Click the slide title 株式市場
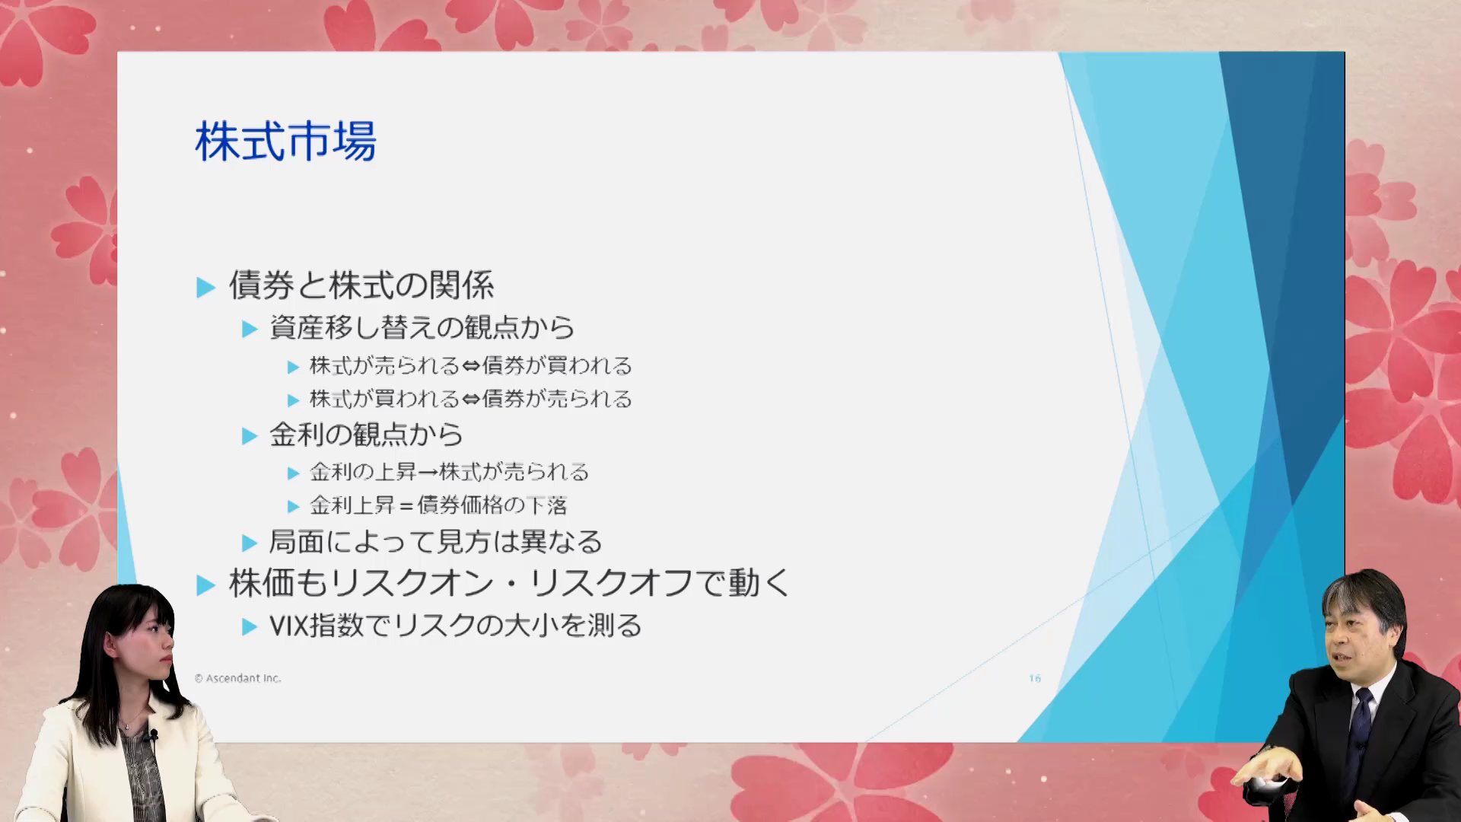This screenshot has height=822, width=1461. coord(285,142)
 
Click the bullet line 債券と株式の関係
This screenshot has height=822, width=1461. coord(361,285)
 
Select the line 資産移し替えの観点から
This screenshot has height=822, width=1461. coord(422,327)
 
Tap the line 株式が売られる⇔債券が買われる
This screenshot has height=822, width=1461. coord(471,366)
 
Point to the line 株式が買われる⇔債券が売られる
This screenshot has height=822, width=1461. coord(471,399)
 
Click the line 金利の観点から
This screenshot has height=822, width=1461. coord(366,435)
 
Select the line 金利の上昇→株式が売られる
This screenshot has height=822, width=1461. coord(449,472)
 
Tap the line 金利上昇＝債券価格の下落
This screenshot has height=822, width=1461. coord(438,505)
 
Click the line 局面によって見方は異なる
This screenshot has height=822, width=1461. coord(436,542)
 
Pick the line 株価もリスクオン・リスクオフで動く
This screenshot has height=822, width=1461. coord(510,584)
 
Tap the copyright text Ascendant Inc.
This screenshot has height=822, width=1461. coord(237,678)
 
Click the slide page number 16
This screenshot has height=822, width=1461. coord(1035,678)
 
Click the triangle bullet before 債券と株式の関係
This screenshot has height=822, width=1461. coord(205,287)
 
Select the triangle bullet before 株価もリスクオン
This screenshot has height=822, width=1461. coord(205,585)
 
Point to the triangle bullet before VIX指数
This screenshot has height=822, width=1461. coord(250,627)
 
